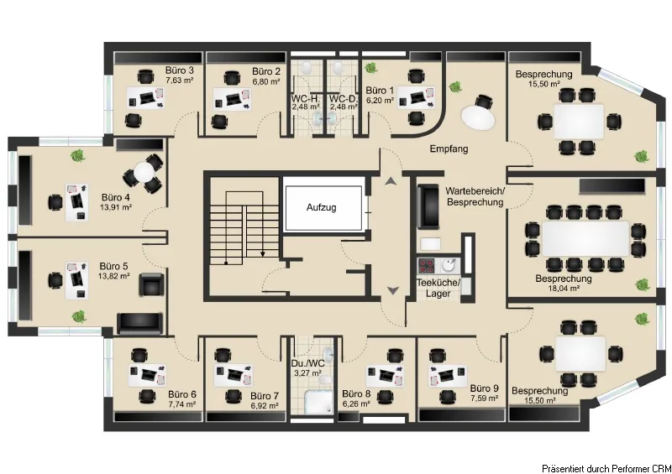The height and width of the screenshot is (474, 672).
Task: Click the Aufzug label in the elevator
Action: point(321,208)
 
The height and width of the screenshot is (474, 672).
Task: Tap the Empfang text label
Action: point(449,149)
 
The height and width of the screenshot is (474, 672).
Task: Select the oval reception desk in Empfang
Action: point(477,117)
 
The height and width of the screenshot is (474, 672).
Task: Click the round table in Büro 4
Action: point(144,172)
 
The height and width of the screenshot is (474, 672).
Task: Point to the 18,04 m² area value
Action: point(564,289)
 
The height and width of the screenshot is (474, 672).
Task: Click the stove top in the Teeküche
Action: point(427,265)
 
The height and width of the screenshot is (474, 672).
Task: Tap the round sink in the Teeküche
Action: point(449,265)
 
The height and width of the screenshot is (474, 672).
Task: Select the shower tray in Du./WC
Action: point(318,402)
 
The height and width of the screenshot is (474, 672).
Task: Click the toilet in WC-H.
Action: point(307,67)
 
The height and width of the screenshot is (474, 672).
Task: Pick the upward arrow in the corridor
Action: point(391,181)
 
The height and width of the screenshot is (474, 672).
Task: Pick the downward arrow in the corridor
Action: point(393,291)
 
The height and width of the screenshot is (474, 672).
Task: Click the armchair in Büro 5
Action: point(151,284)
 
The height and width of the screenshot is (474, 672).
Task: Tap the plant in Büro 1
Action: point(370,68)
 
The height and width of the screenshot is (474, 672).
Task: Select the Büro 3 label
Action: point(180,70)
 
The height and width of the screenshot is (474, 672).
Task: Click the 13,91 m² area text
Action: point(116,207)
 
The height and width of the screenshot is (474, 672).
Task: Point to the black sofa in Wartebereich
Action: point(428,206)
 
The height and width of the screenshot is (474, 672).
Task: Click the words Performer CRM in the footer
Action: point(640,468)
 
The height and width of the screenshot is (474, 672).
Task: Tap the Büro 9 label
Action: point(485,388)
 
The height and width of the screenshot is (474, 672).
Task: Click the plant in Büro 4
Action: point(77,155)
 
